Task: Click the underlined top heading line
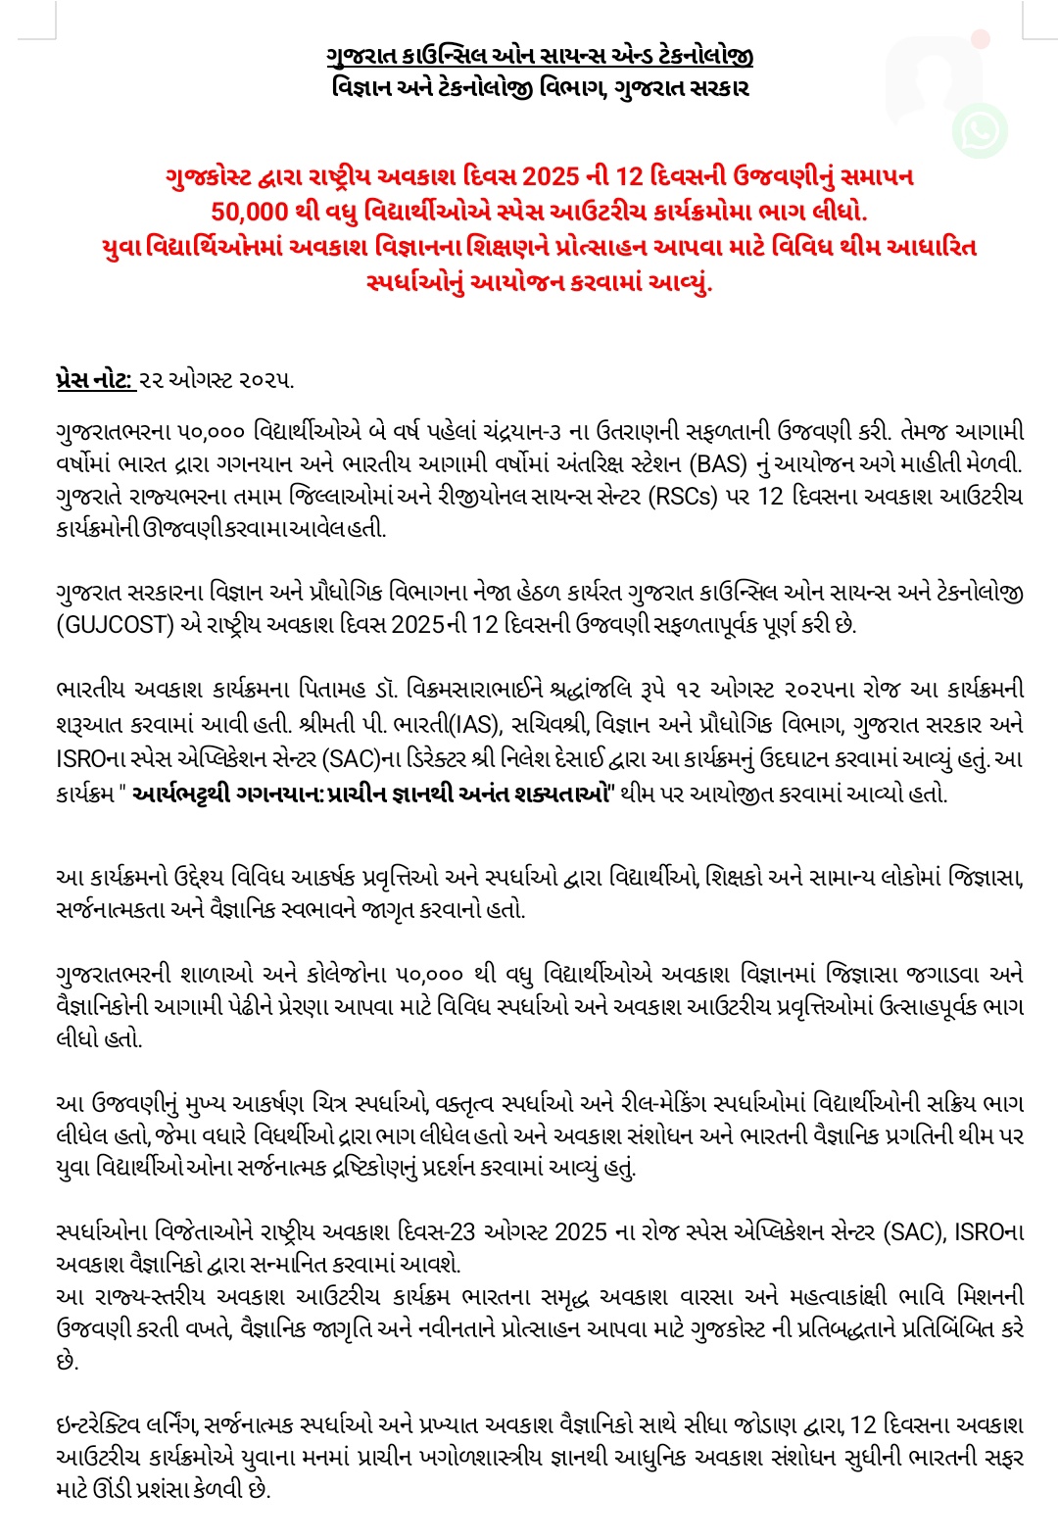540,55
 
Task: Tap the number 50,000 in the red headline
249,211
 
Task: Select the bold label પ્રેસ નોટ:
95,380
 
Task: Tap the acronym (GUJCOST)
116,624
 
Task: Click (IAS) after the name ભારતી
475,725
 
